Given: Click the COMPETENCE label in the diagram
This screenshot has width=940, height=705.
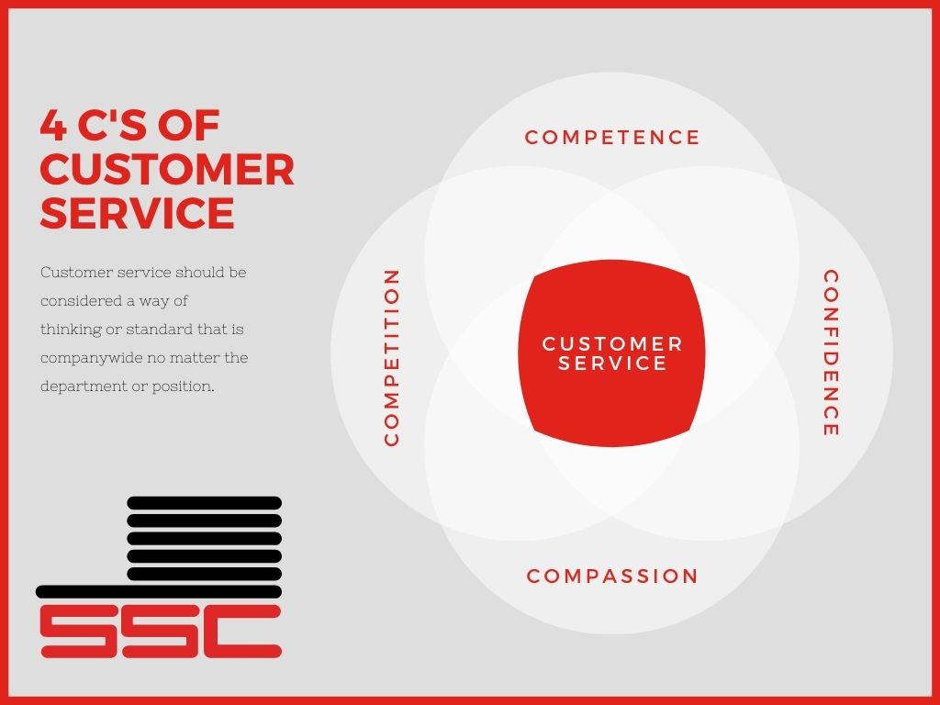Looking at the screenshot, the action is [612, 138].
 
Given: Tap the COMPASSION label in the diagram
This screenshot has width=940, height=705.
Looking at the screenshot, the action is [612, 576].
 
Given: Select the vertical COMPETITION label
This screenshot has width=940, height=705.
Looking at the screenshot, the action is [391, 357].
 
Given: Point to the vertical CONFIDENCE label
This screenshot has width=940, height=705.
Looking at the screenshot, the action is [830, 353].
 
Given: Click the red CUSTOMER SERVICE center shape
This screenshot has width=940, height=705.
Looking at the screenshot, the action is [611, 353].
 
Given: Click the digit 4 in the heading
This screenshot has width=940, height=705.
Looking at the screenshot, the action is [53, 125].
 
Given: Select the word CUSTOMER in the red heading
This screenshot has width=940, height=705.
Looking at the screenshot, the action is [167, 169].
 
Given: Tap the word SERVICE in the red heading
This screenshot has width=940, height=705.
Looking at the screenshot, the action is [138, 213].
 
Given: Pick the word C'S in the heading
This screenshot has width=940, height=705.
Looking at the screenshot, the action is [112, 125].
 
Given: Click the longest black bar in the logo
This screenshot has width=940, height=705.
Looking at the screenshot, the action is [159, 592].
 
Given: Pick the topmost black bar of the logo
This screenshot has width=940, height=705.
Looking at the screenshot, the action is [205, 503].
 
